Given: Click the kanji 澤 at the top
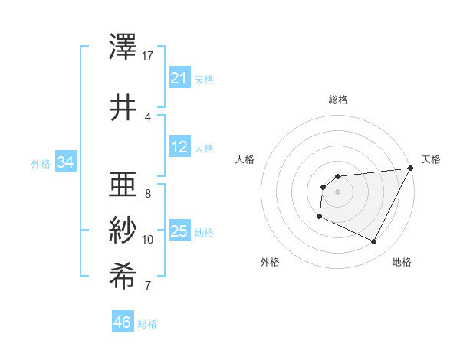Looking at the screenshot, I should tap(124, 47).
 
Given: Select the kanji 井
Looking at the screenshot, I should tap(124, 106).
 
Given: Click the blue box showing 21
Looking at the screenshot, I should tap(179, 78).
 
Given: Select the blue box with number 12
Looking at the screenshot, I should tap(179, 148).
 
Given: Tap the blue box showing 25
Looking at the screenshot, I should tap(179, 232).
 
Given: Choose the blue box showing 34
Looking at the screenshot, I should tap(66, 162).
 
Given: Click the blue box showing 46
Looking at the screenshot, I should tap(123, 322).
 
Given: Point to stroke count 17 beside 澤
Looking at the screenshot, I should tap(148, 56).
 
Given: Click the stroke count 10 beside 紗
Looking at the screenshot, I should tap(148, 240).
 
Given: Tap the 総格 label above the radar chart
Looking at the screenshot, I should tap(337, 100).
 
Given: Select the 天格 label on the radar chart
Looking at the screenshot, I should tap(431, 159).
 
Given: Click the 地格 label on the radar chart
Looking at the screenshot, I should tap(402, 262).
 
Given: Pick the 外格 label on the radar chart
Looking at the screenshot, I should tap(270, 262).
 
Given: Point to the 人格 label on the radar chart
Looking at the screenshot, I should tap(245, 159).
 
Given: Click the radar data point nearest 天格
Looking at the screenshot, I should tap(410, 169).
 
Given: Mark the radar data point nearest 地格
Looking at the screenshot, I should tap(374, 242).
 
